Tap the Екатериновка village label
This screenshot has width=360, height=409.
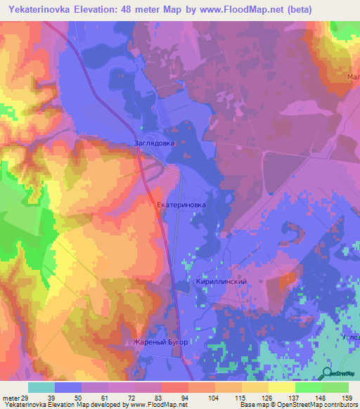(x=181, y=205)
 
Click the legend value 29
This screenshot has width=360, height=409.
(x=16, y=398)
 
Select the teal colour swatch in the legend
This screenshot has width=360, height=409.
(x=41, y=387)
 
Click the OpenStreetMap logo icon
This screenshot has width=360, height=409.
(x=328, y=372)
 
